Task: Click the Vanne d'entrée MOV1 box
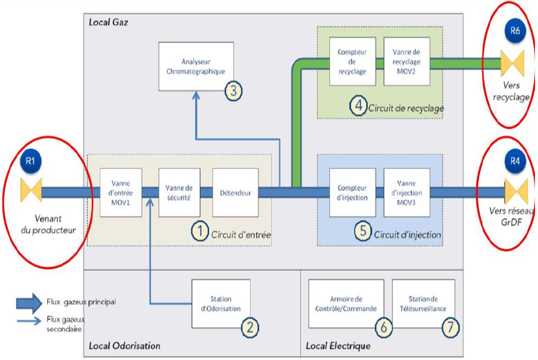click(121, 192)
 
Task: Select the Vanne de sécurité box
click(179, 192)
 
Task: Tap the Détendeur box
click(235, 192)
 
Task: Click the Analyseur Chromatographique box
click(196, 67)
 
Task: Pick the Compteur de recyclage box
click(352, 61)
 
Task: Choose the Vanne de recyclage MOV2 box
click(407, 61)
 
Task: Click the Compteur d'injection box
click(352, 192)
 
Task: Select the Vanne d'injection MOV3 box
click(407, 192)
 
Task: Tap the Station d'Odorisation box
click(221, 304)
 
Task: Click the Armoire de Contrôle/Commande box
click(346, 304)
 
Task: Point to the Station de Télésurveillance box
click(424, 304)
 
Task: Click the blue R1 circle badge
click(31, 161)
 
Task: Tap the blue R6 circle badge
click(515, 31)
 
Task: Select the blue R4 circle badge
click(515, 161)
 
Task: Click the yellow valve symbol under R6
click(512, 63)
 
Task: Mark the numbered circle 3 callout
click(234, 91)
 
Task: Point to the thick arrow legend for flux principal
click(29, 303)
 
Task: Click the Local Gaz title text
click(108, 22)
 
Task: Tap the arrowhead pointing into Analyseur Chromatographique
click(196, 95)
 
